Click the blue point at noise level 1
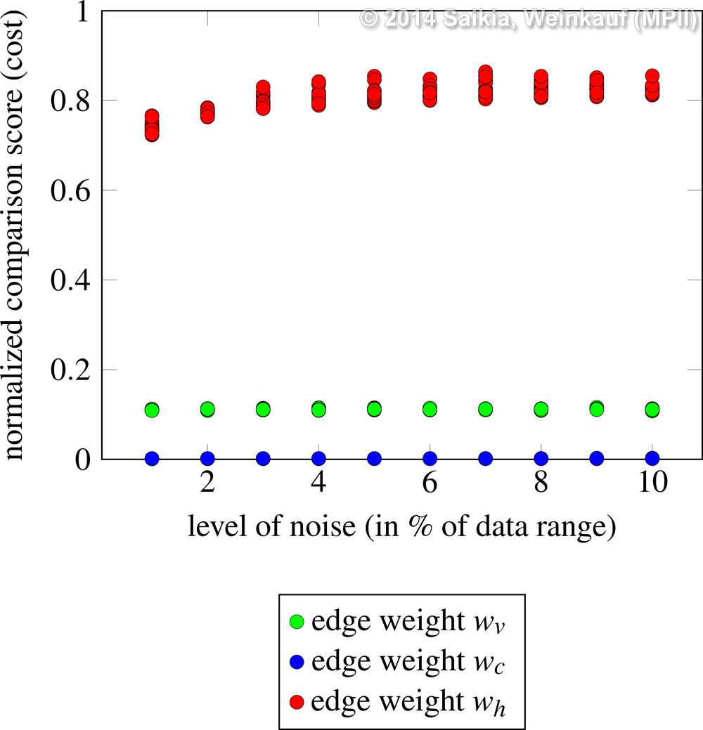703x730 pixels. tap(152, 459)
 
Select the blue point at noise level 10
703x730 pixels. tap(652, 459)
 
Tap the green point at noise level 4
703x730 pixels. tap(318, 409)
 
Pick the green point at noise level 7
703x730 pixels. tap(485, 409)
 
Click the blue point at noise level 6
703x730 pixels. tap(430, 459)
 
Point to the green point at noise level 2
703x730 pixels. tap(207, 409)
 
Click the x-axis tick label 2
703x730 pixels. tap(207, 484)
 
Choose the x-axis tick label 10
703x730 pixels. tap(652, 484)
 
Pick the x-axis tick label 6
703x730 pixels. tap(430, 484)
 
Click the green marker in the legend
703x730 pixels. tap(297, 622)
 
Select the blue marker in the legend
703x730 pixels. tap(297, 661)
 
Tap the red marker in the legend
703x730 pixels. tap(297, 700)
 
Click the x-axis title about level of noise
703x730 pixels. tap(402, 527)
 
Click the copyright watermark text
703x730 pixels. tap(527, 18)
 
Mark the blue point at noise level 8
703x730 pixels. tap(541, 459)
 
